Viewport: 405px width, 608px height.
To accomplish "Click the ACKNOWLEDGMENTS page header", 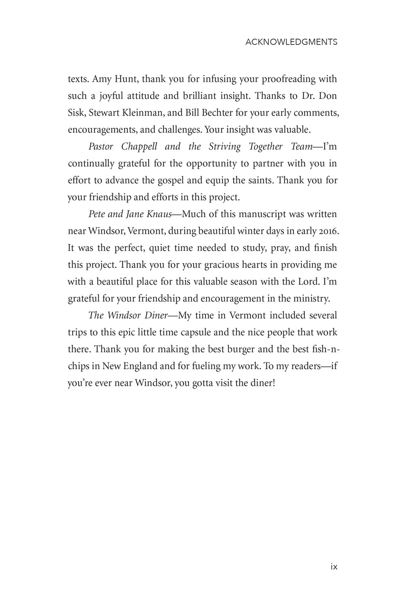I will click(291, 42).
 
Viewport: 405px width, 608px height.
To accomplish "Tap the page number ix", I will click(333, 566).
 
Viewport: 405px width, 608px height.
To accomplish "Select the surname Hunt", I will click(125, 78).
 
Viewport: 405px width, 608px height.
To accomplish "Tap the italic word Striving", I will click(226, 146).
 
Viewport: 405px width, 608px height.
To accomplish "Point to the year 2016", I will click(327, 231).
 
